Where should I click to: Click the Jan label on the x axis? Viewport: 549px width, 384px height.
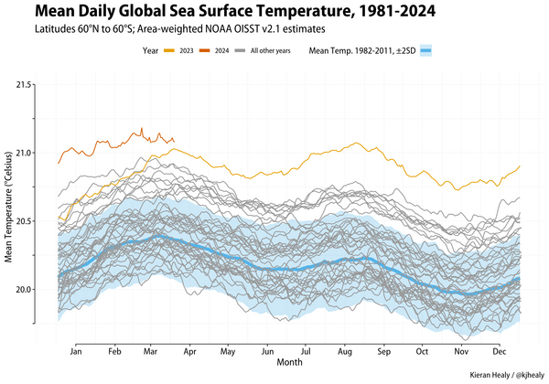[75, 351]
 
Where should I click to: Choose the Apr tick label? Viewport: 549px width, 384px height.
[189, 351]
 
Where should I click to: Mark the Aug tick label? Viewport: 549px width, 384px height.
[345, 351]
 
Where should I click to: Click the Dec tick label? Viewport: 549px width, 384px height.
[500, 351]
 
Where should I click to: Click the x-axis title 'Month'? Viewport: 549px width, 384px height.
[289, 363]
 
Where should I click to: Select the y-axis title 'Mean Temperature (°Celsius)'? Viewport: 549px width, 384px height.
[8, 205]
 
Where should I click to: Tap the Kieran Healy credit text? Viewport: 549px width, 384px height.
[504, 375]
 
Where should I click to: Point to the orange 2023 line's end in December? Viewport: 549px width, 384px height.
[520, 165]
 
